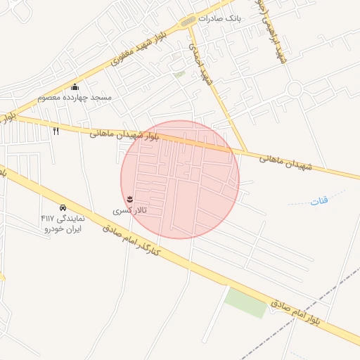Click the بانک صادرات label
[x=219, y=19]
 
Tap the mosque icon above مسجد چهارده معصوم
[x=75, y=86]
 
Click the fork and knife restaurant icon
[x=56, y=130]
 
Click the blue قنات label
[x=319, y=202]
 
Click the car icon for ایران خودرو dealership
[x=63, y=208]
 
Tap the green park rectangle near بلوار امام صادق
[x=247, y=302]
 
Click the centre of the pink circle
[x=180, y=179]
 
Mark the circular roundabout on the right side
[x=294, y=89]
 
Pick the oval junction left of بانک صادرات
[x=187, y=22]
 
